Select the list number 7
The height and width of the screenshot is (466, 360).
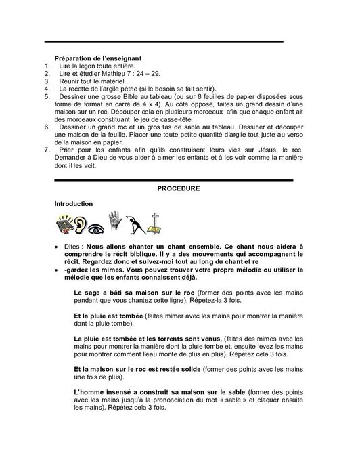(x=47, y=148)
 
